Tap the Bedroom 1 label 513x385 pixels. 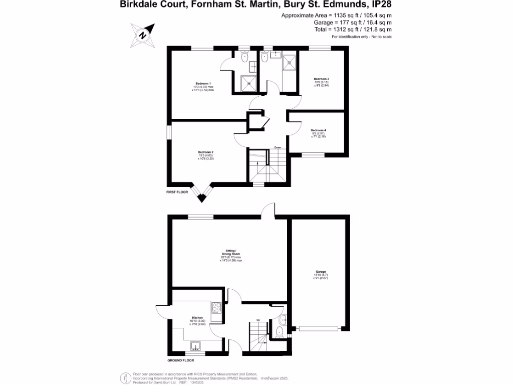click(x=203, y=83)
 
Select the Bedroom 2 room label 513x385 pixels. click(x=206, y=152)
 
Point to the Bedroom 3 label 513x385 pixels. click(x=321, y=79)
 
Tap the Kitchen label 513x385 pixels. click(x=197, y=318)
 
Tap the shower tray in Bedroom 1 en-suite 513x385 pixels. click(x=249, y=83)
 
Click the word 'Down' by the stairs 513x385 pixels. click(x=277, y=147)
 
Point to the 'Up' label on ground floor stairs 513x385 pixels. click(x=258, y=320)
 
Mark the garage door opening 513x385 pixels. click(x=319, y=329)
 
